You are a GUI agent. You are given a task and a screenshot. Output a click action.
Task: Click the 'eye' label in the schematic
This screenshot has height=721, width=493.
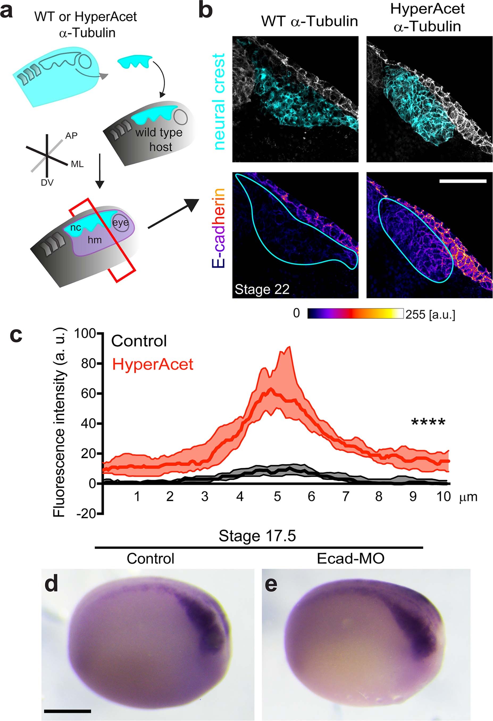point(120,222)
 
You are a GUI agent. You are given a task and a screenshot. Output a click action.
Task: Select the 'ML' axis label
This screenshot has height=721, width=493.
point(77,164)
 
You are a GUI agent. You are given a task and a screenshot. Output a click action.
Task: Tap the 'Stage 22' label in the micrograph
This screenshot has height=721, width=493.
point(262,289)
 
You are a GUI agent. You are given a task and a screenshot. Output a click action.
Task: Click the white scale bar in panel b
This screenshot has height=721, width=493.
point(463,181)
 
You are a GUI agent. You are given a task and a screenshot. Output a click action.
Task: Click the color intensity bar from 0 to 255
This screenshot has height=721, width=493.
point(356,313)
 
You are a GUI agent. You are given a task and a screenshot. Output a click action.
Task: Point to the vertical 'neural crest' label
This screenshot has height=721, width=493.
point(219,101)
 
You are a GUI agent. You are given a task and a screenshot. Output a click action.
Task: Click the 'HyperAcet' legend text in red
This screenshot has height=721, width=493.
point(153,364)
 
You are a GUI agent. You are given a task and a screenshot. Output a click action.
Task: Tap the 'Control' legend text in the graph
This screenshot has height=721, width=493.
point(139,341)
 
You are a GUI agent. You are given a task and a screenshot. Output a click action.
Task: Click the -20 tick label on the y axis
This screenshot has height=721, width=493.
point(85,514)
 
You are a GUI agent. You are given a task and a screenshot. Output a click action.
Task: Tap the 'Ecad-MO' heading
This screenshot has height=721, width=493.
point(350,559)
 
